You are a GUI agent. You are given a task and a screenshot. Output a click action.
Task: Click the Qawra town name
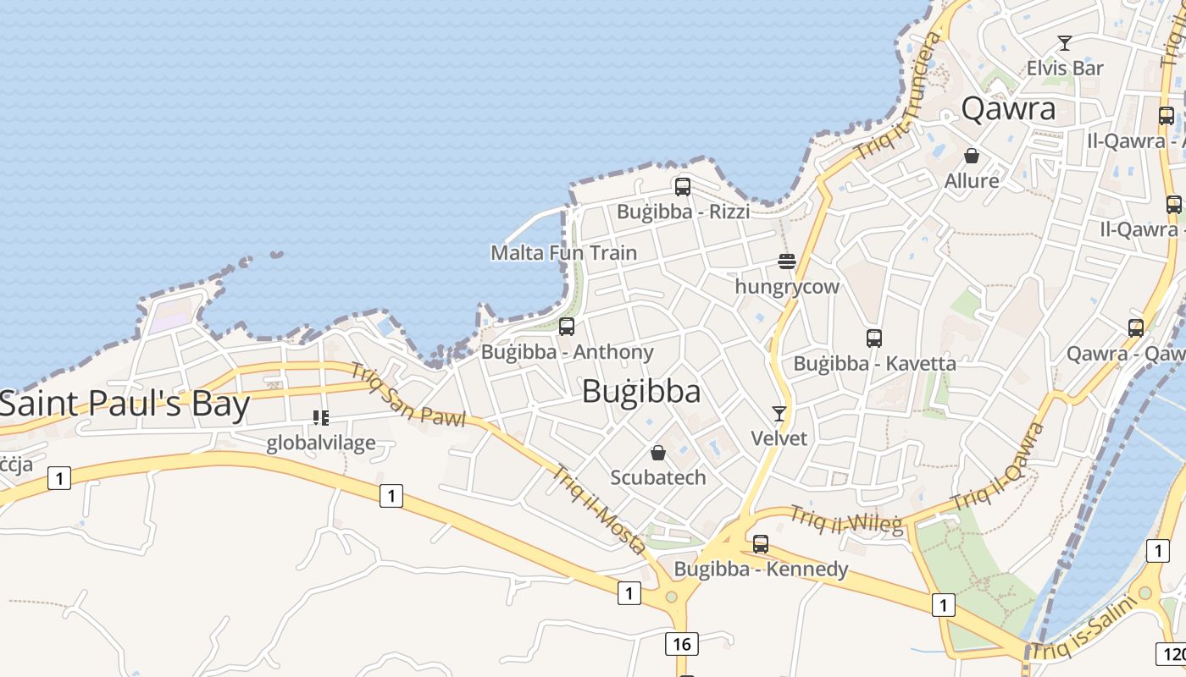[1009, 109]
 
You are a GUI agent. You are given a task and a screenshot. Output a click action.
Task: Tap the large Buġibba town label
[641, 392]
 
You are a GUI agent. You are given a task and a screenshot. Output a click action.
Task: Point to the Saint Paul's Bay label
[125, 405]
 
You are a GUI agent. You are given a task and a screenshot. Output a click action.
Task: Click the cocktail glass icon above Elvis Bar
[1065, 42]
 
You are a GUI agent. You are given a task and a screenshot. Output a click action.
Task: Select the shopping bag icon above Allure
[972, 157]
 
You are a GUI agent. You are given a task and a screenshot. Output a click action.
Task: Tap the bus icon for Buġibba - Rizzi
[682, 186]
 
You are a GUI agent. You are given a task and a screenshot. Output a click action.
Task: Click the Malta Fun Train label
[563, 252]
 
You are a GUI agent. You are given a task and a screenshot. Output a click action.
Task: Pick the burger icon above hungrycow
[786, 261]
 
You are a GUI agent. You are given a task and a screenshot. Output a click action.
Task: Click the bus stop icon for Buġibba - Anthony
[567, 326]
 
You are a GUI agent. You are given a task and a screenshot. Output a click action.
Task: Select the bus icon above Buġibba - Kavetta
[874, 338]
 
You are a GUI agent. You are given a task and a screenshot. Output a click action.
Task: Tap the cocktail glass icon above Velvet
[779, 413]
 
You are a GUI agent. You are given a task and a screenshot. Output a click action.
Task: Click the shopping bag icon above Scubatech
[658, 453]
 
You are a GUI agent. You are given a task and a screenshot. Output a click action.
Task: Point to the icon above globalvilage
[320, 417]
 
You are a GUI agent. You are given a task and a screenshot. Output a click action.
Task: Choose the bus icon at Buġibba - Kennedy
[761, 543]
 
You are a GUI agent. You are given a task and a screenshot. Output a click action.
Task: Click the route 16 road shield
[681, 644]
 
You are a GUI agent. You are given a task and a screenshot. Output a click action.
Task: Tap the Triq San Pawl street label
[407, 395]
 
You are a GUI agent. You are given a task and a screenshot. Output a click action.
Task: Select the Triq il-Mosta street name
[600, 510]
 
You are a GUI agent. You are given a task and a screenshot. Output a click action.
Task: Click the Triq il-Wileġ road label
[847, 519]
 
